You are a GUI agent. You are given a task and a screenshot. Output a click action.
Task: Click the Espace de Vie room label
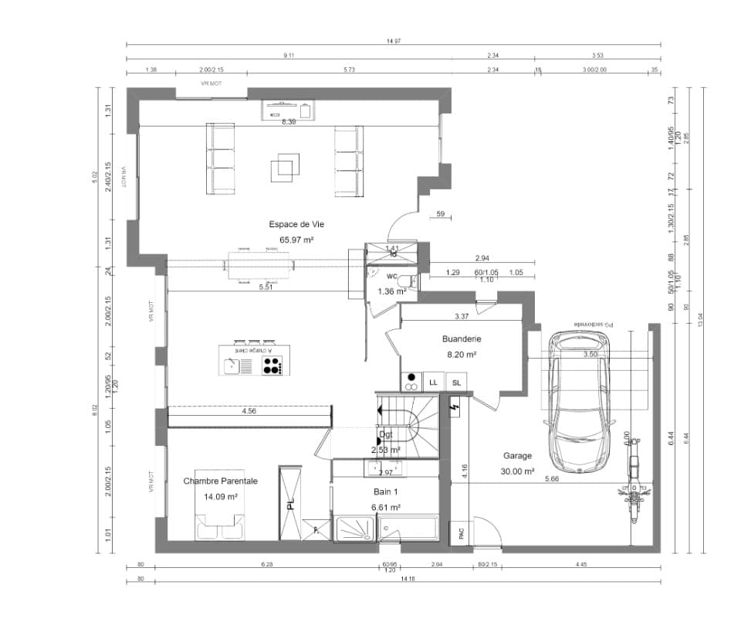click(296, 224)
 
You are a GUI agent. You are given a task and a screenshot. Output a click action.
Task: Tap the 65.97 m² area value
click(296, 240)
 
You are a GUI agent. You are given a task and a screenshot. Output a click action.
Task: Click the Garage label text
click(517, 456)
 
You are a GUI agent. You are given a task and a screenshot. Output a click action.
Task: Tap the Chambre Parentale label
click(220, 481)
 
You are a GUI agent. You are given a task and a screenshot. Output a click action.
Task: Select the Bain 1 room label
click(386, 491)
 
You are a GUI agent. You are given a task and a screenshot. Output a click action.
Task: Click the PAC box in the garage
click(460, 532)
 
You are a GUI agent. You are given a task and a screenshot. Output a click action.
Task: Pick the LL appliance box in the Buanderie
click(433, 382)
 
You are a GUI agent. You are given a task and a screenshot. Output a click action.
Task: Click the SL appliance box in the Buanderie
click(457, 382)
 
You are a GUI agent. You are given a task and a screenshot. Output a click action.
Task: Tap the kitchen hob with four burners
click(272, 366)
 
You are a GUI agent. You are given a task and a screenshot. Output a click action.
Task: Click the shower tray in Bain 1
click(354, 530)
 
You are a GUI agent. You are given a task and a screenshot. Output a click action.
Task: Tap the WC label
click(391, 276)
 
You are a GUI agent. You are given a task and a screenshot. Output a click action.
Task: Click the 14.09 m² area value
click(220, 497)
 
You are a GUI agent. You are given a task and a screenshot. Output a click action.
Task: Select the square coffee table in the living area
click(284, 168)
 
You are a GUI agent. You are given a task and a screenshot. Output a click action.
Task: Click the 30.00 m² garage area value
click(517, 471)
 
